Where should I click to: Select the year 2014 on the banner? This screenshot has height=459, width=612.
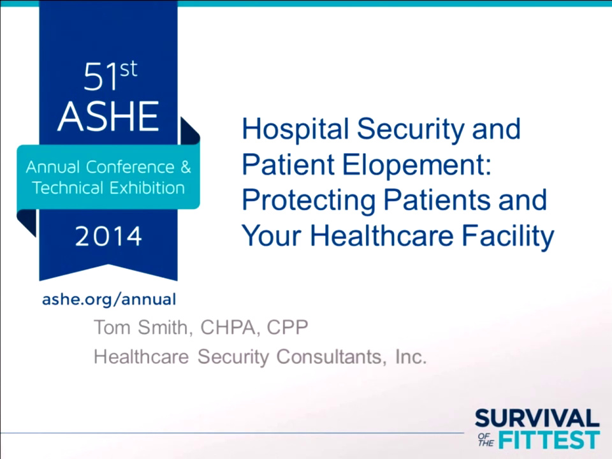click(x=108, y=237)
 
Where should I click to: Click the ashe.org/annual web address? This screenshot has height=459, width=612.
click(x=108, y=299)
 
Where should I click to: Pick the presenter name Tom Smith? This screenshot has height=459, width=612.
click(x=143, y=328)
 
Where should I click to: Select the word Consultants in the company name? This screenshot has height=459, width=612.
click(x=330, y=356)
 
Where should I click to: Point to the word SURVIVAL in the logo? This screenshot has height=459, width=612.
click(x=537, y=419)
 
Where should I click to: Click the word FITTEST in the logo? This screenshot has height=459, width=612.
click(x=550, y=440)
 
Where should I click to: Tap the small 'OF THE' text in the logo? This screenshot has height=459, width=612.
click(x=486, y=440)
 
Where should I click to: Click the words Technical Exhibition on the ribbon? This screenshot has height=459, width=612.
click(x=108, y=188)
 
